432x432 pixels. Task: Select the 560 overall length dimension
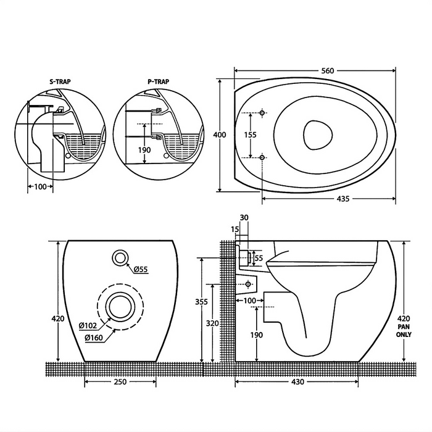pos(327,71)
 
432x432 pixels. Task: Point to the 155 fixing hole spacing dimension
pos(249,135)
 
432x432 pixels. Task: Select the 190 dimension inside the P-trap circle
pos(144,150)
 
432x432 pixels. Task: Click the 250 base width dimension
pos(120,382)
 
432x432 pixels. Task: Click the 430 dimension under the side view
pos(297,382)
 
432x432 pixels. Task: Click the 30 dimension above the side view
pos(244,217)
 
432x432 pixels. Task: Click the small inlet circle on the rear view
pos(121,258)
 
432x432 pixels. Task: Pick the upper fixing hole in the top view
pos(262,114)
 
